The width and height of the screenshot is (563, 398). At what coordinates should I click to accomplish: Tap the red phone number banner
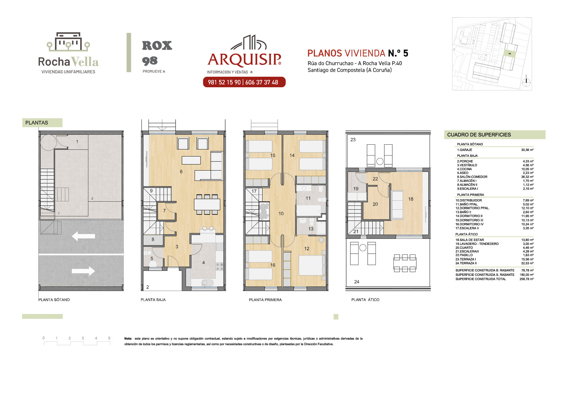[x=244, y=82]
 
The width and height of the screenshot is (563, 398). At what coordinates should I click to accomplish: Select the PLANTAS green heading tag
[x=42, y=123]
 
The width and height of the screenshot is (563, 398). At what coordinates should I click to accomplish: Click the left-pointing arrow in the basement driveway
[x=83, y=236]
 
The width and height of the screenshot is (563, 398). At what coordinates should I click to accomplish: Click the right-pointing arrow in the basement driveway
[x=83, y=271]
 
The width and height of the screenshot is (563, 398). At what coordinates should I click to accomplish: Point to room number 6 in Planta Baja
[x=181, y=172]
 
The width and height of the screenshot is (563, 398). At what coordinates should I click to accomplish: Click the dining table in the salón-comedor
[x=207, y=204]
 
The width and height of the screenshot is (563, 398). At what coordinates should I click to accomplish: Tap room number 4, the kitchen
[x=203, y=263]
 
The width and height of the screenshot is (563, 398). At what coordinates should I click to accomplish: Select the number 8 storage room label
[x=153, y=239]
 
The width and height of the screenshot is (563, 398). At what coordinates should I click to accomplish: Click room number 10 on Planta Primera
[x=281, y=214]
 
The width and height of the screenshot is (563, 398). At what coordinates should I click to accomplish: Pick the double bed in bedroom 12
[x=312, y=265]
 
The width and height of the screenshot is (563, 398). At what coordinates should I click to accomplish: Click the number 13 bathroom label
[x=311, y=229]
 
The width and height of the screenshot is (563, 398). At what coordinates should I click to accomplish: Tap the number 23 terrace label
[x=353, y=140]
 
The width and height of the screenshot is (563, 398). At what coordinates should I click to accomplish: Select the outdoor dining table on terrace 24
[x=405, y=263]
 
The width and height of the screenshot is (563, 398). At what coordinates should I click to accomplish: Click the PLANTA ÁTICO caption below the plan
[x=365, y=300]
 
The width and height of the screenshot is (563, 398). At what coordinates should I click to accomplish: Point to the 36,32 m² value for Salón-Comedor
[x=527, y=177]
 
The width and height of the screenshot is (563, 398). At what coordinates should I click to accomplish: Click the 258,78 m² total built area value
[x=526, y=279]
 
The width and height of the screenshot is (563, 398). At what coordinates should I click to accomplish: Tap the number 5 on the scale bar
[x=109, y=338]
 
